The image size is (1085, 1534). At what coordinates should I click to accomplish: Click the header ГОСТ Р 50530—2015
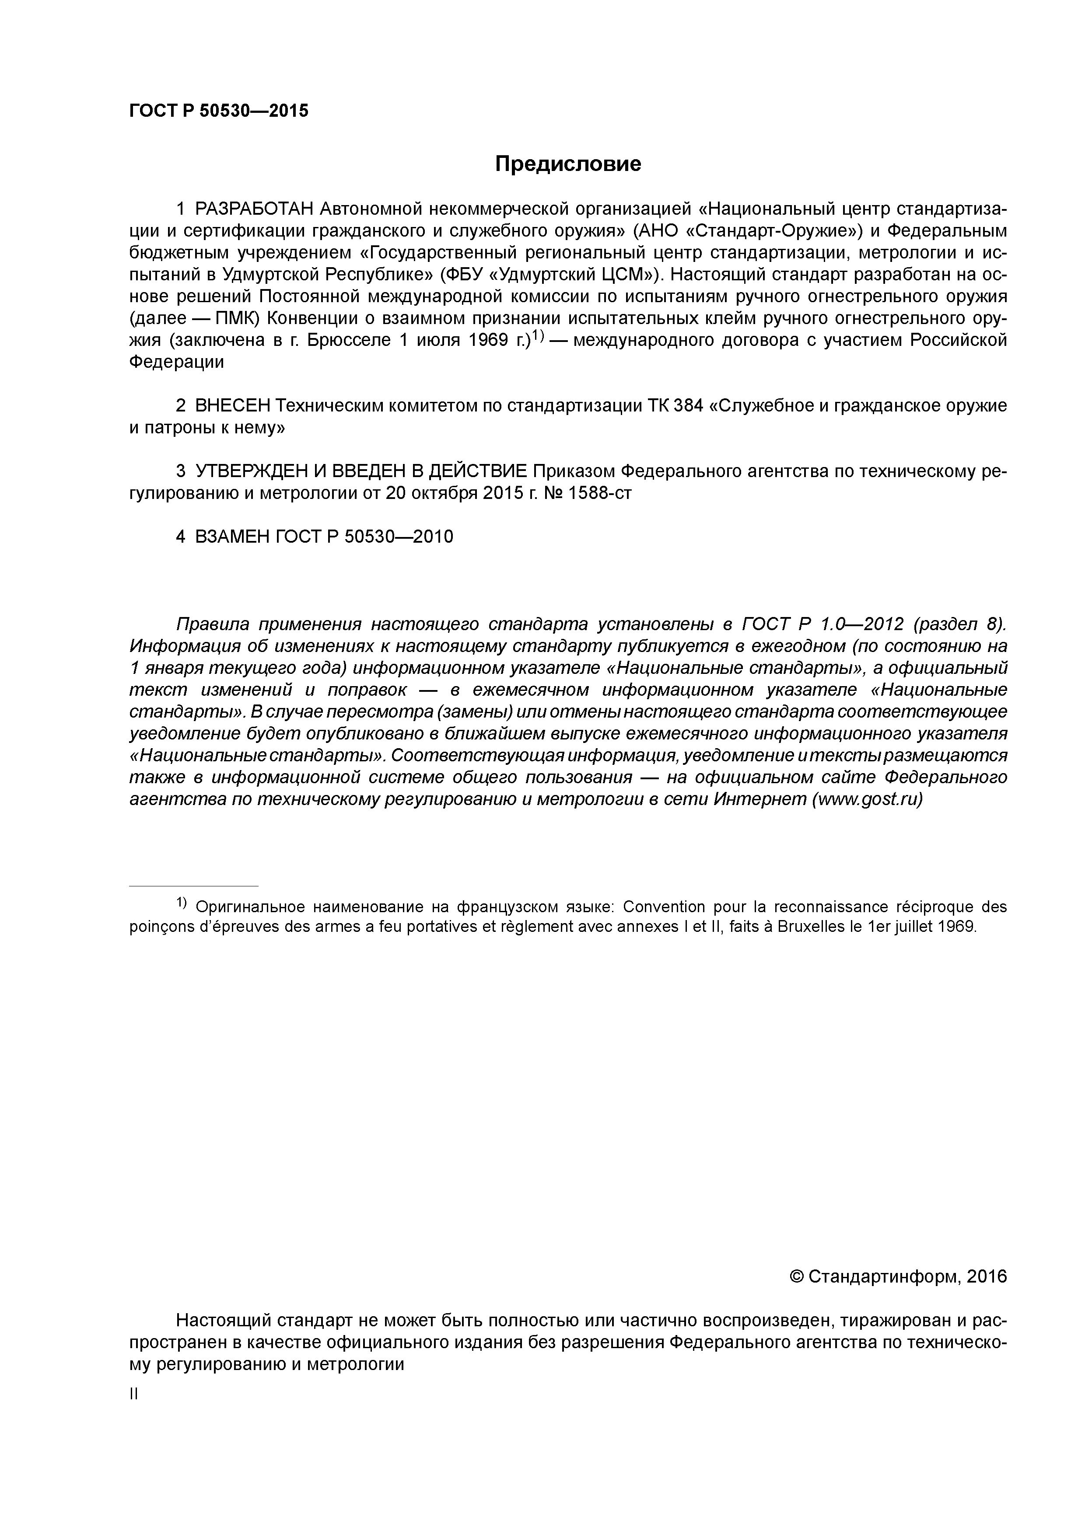point(219,111)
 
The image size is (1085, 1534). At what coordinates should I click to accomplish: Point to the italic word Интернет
point(759,800)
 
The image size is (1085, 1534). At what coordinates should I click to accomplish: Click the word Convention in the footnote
point(663,906)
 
